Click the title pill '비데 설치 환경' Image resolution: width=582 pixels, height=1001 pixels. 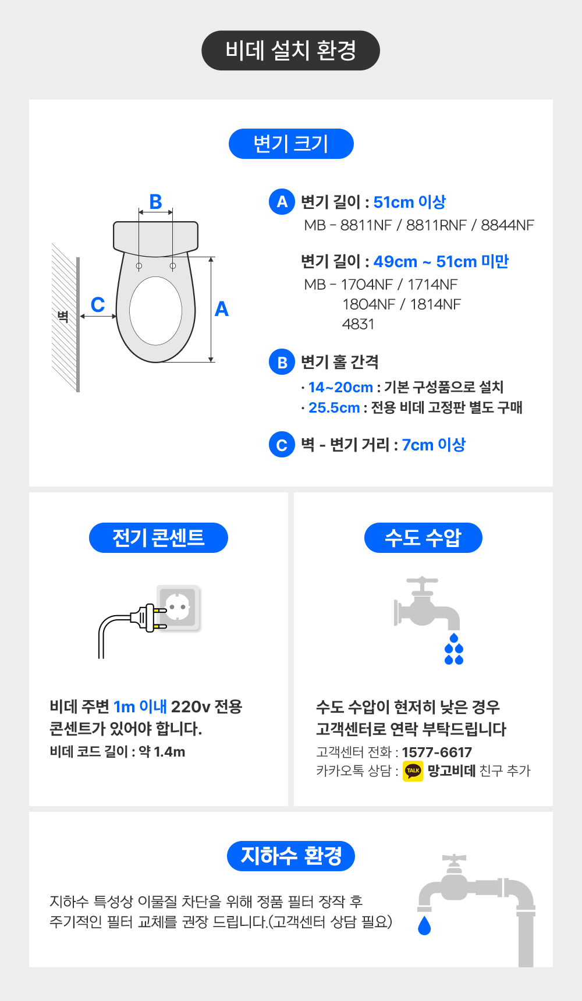click(290, 51)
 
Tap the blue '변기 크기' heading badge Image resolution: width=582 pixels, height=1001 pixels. click(291, 144)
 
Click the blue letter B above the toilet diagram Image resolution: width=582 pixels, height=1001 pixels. click(155, 201)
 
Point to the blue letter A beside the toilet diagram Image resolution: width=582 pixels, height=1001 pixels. click(221, 309)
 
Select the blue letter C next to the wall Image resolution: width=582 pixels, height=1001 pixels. click(98, 304)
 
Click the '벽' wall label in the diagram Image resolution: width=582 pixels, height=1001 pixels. click(63, 317)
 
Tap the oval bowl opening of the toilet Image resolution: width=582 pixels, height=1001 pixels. click(155, 311)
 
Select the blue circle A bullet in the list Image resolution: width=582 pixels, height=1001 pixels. click(282, 202)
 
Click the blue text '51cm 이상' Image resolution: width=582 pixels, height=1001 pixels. click(410, 202)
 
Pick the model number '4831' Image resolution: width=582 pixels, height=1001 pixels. click(358, 324)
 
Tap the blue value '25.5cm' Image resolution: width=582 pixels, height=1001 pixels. click(334, 407)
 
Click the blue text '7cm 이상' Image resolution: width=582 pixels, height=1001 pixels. click(434, 445)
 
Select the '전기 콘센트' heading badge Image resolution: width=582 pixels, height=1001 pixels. click(158, 538)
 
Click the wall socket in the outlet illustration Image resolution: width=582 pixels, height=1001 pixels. click(179, 608)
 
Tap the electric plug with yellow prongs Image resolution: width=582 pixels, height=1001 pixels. click(148, 618)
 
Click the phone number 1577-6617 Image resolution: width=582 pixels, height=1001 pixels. click(437, 752)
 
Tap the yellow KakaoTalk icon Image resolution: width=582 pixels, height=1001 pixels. click(413, 771)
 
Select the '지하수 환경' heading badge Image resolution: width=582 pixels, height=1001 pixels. click(291, 856)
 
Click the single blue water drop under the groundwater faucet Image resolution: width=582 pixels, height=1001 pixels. click(424, 925)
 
